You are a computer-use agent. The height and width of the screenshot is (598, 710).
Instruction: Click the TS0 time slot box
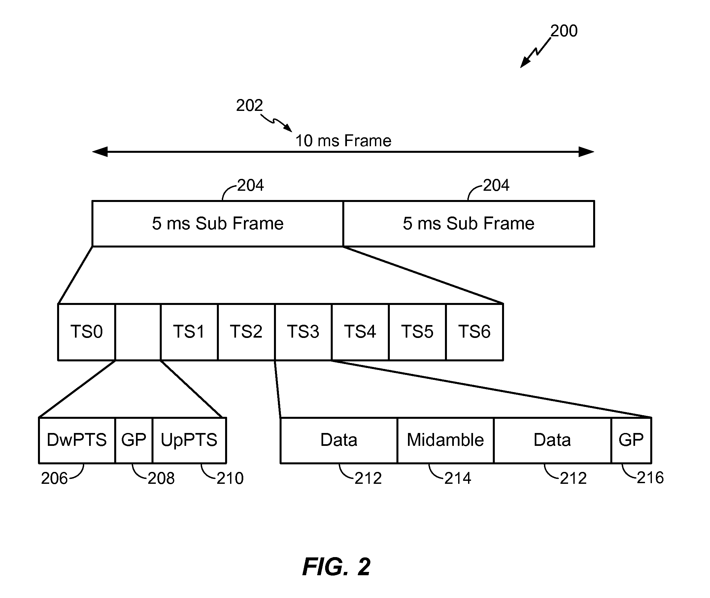(86, 332)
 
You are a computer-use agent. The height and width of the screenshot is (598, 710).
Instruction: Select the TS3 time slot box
(303, 332)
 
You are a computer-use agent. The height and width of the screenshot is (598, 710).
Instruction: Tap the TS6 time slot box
(475, 332)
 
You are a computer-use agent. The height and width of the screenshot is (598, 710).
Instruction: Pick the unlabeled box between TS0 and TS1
(138, 332)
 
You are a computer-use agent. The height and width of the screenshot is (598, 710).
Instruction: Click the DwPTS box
(77, 440)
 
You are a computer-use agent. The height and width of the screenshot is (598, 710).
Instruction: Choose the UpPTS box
(189, 440)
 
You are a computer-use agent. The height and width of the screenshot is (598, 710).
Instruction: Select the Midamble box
(446, 440)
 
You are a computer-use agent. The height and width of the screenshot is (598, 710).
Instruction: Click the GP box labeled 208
(134, 440)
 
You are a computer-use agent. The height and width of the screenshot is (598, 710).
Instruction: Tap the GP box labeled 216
(631, 440)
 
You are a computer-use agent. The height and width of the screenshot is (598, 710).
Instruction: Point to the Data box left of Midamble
(339, 440)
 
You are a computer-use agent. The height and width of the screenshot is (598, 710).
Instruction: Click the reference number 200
(564, 31)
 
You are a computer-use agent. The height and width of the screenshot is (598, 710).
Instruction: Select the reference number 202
(250, 105)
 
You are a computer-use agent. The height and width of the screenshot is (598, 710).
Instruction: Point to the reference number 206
(54, 478)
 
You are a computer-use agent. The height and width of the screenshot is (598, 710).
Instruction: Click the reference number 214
(458, 478)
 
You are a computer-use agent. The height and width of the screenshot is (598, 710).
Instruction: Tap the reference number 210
(230, 478)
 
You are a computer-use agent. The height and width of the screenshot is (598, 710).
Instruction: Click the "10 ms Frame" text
(344, 141)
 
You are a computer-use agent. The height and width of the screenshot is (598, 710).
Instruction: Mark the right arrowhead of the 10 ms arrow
(586, 152)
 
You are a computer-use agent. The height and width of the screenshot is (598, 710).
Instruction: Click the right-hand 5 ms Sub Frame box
(469, 224)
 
